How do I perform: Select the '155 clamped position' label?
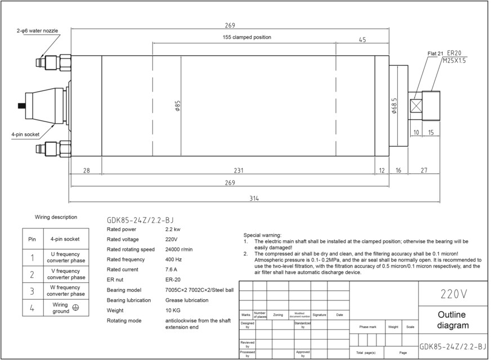point(246,37)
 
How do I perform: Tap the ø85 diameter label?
point(177,106)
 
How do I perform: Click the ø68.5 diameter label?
point(394,106)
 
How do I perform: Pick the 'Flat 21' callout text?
point(435,53)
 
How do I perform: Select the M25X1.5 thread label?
point(454,60)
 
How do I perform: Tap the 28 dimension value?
point(86,170)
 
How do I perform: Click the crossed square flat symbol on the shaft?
point(417,106)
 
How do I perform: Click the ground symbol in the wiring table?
point(75,308)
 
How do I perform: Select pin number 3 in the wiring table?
point(32,291)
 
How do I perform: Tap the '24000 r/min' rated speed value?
point(179,249)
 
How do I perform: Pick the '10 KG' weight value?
point(173,310)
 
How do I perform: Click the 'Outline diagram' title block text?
point(453,320)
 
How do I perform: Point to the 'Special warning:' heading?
point(262,235)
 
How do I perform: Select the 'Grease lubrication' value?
point(187,300)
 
